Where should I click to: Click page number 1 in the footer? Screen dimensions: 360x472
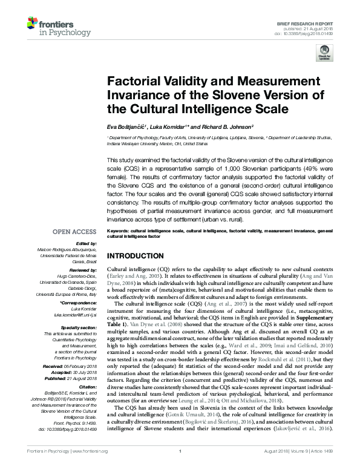coord(180,468)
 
